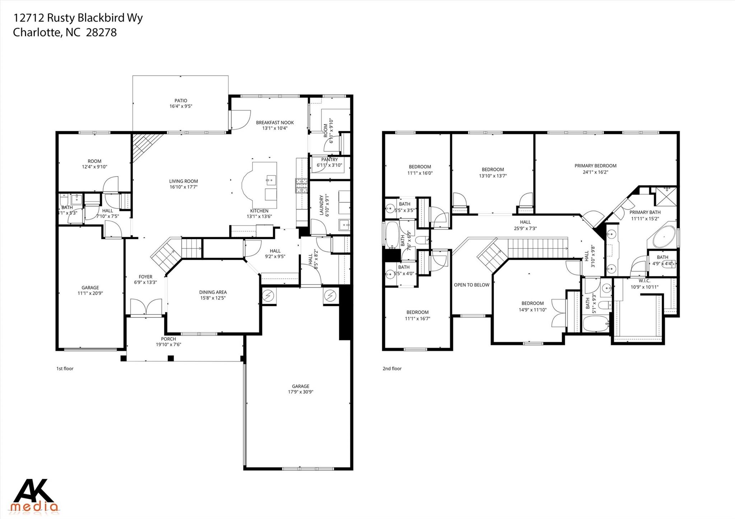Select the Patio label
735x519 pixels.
click(x=181, y=101)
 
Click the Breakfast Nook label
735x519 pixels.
click(x=275, y=123)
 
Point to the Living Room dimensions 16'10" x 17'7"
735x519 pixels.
click(x=183, y=187)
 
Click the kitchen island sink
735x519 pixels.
click(x=270, y=179)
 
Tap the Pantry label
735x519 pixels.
click(x=329, y=160)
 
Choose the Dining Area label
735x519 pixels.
click(x=213, y=292)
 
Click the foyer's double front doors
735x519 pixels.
click(x=146, y=307)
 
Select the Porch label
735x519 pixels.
click(x=168, y=339)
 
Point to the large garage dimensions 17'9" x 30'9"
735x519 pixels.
click(x=300, y=392)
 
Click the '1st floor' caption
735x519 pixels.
click(x=65, y=368)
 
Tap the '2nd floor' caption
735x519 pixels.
click(x=392, y=368)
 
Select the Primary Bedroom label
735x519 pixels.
click(x=595, y=166)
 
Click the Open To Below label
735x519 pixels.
click(x=471, y=285)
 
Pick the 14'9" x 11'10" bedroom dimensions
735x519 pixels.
click(x=532, y=310)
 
